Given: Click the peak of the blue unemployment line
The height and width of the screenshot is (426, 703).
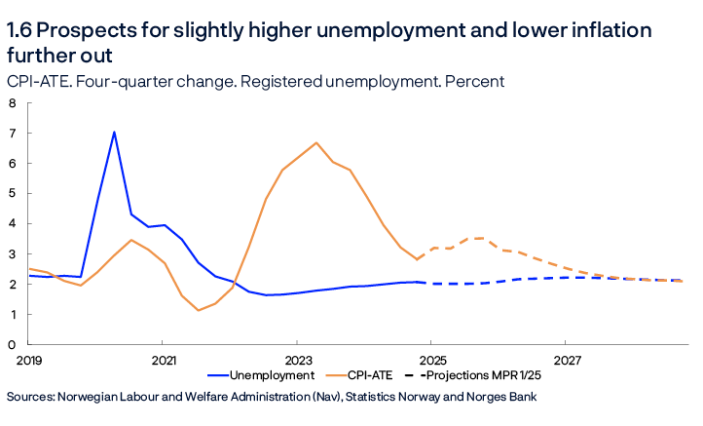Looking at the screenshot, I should click(114, 133).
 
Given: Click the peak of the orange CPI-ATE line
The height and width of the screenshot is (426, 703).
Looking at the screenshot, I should click(316, 143).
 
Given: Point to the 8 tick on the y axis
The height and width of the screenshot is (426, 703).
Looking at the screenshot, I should click(12, 102).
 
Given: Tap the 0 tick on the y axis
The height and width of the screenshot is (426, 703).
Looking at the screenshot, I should click(12, 345).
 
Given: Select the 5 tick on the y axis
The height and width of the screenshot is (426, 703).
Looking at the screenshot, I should click(12, 193).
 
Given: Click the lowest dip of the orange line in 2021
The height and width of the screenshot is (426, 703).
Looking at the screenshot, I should click(199, 310).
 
